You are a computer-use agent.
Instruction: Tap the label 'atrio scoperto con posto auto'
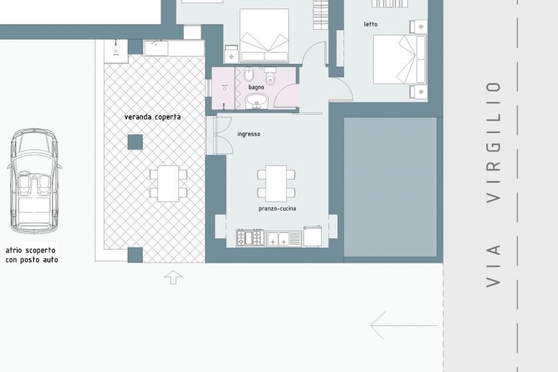click(x=32, y=255)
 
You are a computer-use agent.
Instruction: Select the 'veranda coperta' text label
click(x=152, y=117)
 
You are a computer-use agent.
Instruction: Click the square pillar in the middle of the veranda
click(x=135, y=142)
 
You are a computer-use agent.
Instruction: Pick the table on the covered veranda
click(x=168, y=183)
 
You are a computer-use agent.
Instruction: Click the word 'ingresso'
click(x=249, y=134)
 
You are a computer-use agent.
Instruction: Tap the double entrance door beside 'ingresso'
click(x=222, y=135)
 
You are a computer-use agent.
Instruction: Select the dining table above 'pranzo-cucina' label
click(x=276, y=183)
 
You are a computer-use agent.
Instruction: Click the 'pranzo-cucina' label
click(x=277, y=209)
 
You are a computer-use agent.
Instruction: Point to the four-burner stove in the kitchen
click(x=249, y=238)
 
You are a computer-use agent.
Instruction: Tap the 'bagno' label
click(x=256, y=87)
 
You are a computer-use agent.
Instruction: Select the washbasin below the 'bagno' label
click(x=256, y=101)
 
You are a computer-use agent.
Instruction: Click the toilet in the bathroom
click(x=270, y=77)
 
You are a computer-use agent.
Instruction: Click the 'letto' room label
click(x=371, y=24)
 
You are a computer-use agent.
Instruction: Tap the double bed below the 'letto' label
click(x=399, y=59)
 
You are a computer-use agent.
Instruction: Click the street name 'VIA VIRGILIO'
click(x=494, y=184)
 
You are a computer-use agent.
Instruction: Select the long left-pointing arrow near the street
click(x=403, y=325)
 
